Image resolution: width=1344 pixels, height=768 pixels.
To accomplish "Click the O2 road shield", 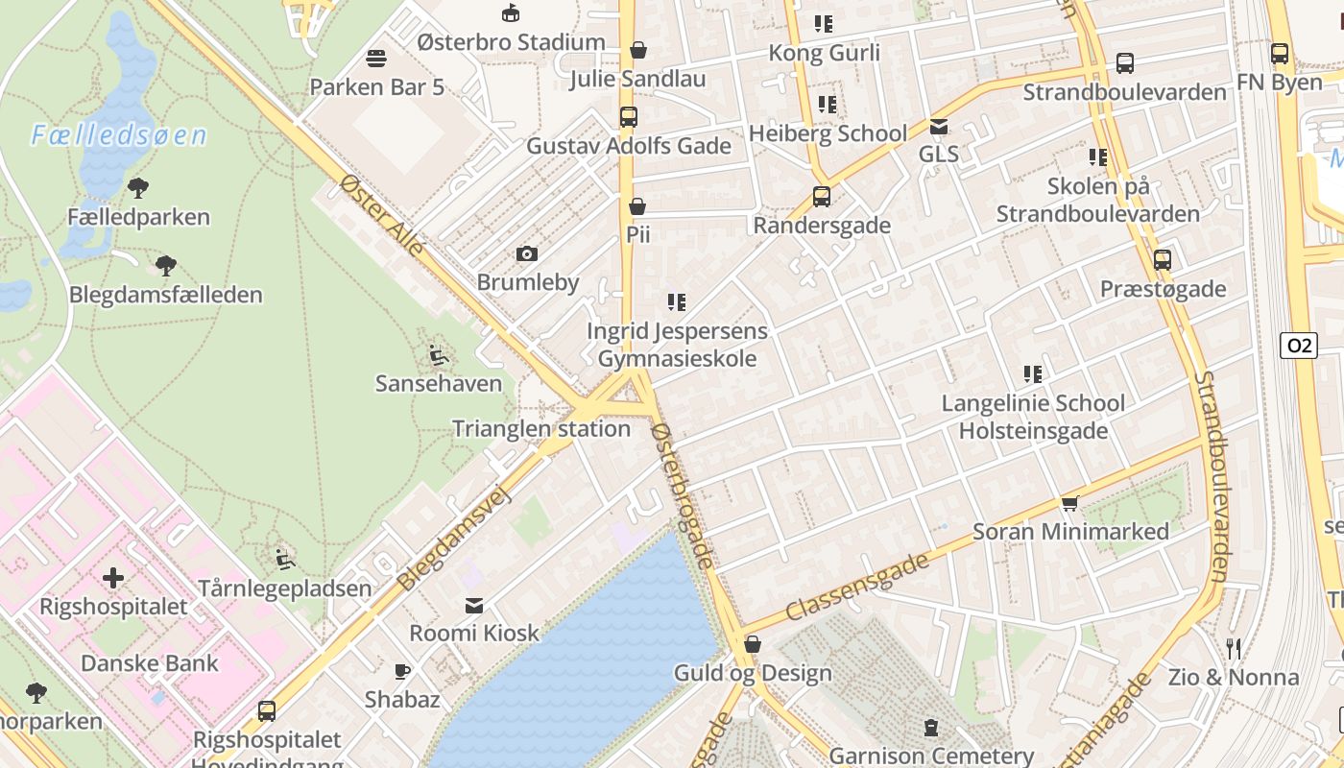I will tap(1298, 346).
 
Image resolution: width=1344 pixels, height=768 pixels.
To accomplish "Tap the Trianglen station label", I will tap(541, 428).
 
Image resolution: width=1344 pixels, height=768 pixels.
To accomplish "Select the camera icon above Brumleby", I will tap(526, 253).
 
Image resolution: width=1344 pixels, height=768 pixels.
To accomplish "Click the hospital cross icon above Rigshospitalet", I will tap(113, 578).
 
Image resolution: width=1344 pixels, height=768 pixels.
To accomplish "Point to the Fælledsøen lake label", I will tap(119, 135).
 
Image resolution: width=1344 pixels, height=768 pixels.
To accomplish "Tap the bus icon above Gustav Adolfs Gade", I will tap(628, 117).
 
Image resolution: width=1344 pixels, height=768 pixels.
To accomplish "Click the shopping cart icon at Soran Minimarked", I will tap(1070, 503).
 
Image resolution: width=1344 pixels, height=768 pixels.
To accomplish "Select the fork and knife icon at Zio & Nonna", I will tap(1234, 649).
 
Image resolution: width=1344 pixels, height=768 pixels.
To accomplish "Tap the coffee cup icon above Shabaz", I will tap(402, 671).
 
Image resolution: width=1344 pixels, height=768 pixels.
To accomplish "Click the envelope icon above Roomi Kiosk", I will tap(474, 605).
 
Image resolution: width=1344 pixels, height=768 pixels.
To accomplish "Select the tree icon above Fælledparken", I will tap(138, 187).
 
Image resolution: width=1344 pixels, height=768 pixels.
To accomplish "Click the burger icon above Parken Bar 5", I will tap(376, 59).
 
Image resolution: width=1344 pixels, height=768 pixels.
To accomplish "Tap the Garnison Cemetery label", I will tap(930, 756).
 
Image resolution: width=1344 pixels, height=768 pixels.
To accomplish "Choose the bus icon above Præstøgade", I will tap(1163, 259).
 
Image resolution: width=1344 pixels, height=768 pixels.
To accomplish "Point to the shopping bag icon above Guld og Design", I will tap(753, 644).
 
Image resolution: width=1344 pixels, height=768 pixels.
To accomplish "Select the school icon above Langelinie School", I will tap(1033, 373).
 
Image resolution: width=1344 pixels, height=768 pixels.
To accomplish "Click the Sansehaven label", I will tap(438, 383).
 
